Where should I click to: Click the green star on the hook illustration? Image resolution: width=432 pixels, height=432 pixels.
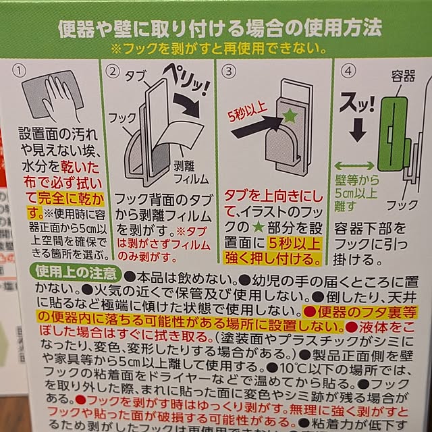(x=288, y=116)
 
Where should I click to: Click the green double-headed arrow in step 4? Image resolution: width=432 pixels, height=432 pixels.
(x=354, y=165)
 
